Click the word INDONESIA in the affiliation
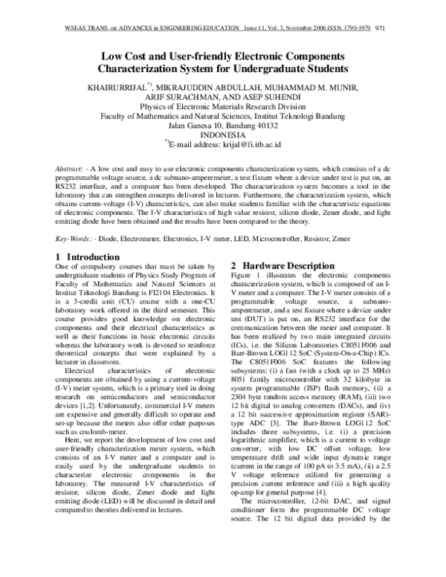pos(223,135)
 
